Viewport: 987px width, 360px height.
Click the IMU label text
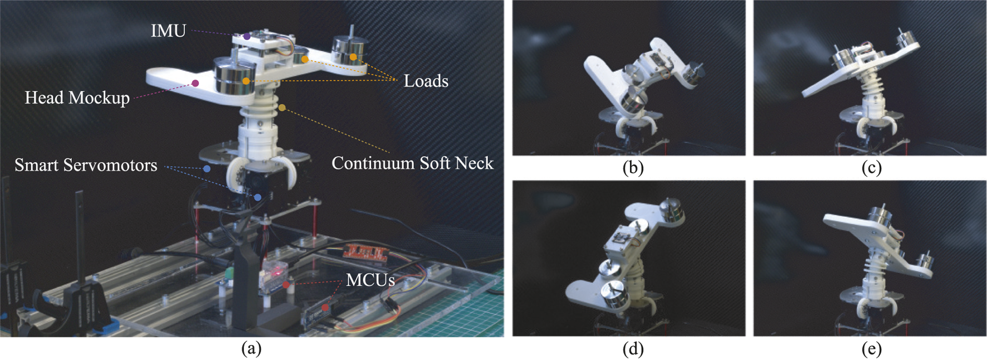[x=168, y=30]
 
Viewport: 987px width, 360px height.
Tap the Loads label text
[x=426, y=81]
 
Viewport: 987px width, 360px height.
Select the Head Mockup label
[x=77, y=98]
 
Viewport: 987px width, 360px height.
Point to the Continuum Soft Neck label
[x=412, y=163]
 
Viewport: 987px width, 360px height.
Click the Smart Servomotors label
[x=86, y=166]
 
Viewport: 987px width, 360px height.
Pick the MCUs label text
[x=370, y=280]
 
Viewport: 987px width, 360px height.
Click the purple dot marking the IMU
[x=247, y=37]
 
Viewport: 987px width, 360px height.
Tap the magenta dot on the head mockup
[x=196, y=84]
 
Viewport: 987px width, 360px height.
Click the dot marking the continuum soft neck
[x=282, y=108]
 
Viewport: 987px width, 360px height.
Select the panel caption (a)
[x=251, y=349]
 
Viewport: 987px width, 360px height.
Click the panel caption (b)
[x=633, y=168]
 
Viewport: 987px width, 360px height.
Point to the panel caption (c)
[x=871, y=168]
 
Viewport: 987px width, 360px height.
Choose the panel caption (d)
[x=633, y=349]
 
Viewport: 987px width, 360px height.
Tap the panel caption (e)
[x=871, y=349]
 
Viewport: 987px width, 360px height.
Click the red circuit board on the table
[x=365, y=252]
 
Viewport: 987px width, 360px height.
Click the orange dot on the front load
[x=246, y=81]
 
